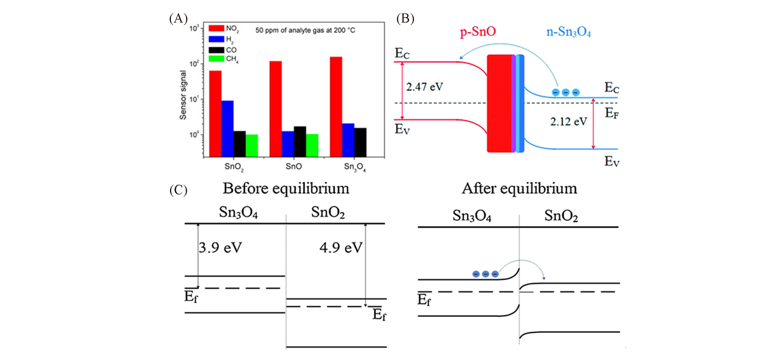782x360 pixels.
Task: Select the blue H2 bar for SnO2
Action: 227,128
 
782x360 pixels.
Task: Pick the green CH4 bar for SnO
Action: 312,145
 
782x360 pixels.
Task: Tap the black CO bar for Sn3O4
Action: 360,142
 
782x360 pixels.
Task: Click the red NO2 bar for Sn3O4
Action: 336,106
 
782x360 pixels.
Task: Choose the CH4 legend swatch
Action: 216,59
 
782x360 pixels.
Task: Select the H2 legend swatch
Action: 216,39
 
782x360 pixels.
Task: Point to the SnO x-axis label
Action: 294,166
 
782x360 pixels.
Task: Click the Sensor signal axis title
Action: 183,95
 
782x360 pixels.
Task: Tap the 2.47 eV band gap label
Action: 424,87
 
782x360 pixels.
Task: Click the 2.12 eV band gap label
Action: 568,122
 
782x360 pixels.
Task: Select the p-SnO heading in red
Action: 478,32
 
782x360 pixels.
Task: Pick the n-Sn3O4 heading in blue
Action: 568,32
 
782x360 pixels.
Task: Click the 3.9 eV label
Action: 220,247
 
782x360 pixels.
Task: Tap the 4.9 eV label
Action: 341,247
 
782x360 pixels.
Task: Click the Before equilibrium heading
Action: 286,188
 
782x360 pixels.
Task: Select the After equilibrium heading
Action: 519,188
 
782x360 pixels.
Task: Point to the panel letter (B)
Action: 405,19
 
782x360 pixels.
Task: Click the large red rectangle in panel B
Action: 499,103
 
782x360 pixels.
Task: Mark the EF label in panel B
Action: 612,113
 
